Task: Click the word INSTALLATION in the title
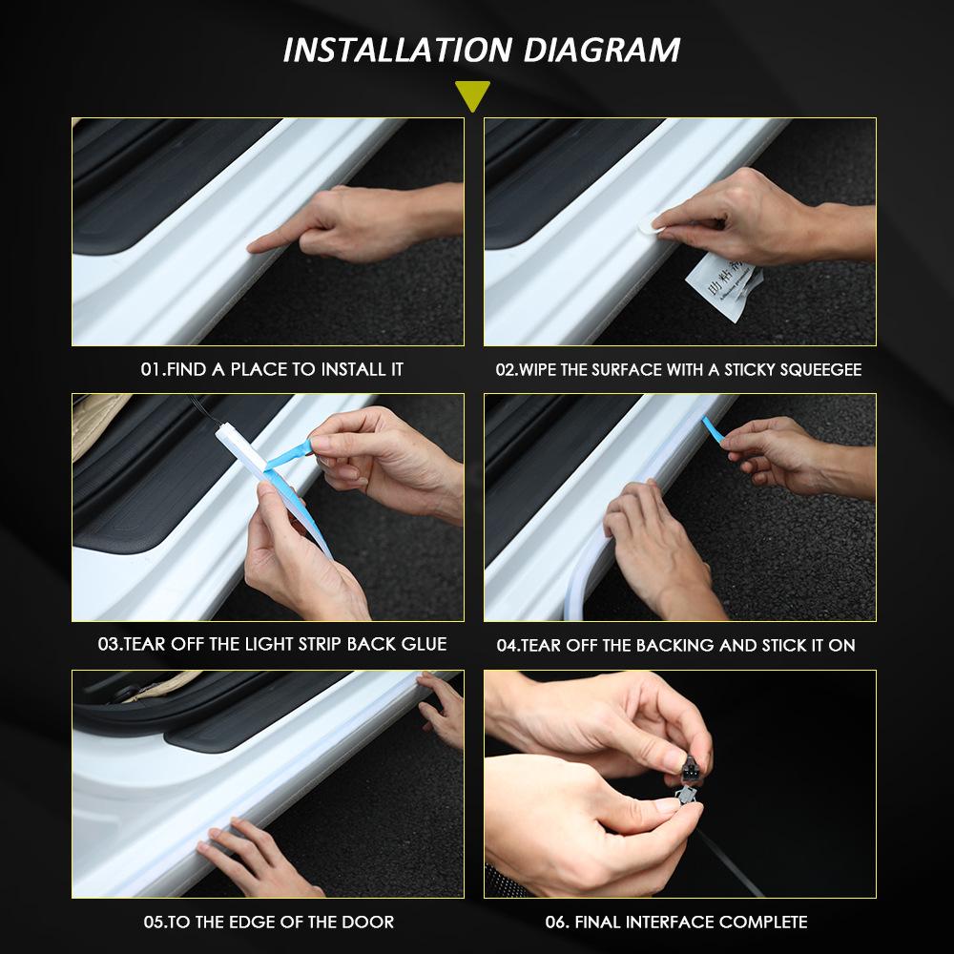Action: click(397, 51)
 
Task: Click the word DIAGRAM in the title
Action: click(602, 51)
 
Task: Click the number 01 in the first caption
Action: click(151, 369)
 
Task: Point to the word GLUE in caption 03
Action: click(425, 644)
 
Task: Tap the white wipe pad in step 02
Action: click(648, 224)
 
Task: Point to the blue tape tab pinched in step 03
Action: click(290, 454)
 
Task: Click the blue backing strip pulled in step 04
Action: click(713, 429)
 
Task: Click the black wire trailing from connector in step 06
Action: click(730, 861)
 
